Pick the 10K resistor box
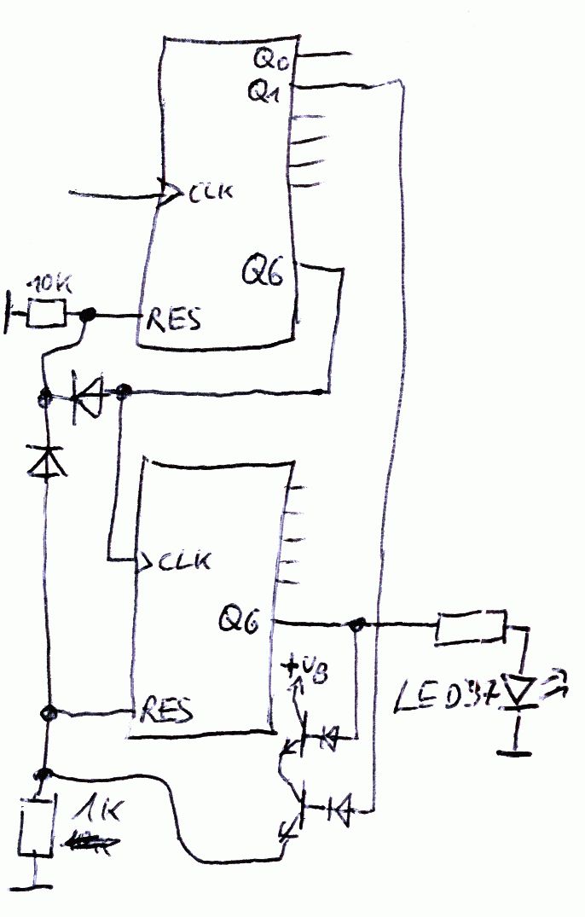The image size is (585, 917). coord(46,315)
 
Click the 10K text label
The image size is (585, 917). coord(49,284)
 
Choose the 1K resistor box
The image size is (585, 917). coord(36,826)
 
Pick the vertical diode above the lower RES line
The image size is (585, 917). coord(47,461)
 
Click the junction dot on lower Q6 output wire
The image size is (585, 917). coord(356,625)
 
